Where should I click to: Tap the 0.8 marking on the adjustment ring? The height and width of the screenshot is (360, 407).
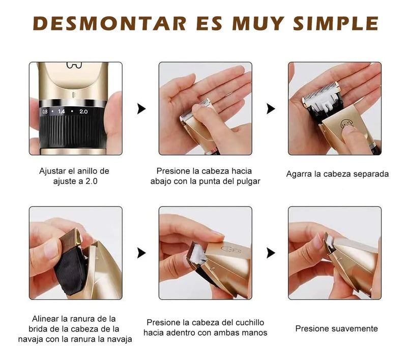click(x=45, y=111)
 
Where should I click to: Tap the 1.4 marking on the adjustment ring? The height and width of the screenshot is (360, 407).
click(x=62, y=111)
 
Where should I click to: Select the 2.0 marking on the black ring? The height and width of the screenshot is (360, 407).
click(x=83, y=111)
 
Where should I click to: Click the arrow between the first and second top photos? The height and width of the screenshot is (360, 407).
click(x=141, y=108)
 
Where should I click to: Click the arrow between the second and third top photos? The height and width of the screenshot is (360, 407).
click(x=271, y=108)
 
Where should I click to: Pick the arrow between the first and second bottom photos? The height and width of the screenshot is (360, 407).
click(x=141, y=253)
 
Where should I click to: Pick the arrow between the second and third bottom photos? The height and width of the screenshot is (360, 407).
click(x=271, y=253)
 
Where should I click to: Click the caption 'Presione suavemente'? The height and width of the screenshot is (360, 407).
click(x=336, y=328)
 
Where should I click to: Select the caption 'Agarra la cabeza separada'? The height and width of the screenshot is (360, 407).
click(x=337, y=174)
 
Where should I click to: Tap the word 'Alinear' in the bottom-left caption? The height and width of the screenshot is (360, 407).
click(x=45, y=318)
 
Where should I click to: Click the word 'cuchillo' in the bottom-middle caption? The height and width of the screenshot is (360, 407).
click(x=250, y=322)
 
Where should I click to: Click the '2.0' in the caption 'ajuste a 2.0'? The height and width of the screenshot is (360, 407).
click(x=95, y=181)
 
